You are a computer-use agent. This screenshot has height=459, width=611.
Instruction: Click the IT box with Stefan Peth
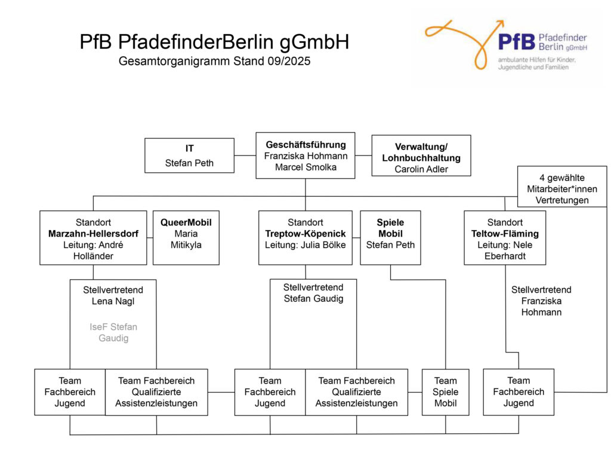(x=189, y=155)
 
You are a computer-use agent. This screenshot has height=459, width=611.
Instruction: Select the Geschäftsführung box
(x=305, y=155)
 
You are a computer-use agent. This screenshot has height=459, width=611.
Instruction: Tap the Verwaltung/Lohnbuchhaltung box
(x=421, y=155)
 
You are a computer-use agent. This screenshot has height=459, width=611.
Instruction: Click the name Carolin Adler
(x=421, y=169)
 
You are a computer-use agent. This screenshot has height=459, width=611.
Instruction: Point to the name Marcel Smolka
(x=305, y=167)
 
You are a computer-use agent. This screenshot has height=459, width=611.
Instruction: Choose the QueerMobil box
(x=186, y=237)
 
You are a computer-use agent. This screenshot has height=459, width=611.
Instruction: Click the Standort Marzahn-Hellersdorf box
(x=93, y=237)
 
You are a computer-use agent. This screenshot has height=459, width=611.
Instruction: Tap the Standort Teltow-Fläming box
(x=505, y=237)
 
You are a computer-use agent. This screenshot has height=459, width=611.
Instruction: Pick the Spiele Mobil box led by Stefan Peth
(x=390, y=237)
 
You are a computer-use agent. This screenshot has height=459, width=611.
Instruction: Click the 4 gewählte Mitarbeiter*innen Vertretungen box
(x=561, y=189)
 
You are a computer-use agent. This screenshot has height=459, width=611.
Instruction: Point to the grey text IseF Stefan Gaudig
(x=113, y=332)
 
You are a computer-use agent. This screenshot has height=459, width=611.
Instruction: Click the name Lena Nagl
(x=113, y=301)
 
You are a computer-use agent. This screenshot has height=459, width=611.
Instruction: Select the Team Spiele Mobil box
(x=445, y=391)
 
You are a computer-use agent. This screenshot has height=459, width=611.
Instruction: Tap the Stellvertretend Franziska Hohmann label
(x=541, y=301)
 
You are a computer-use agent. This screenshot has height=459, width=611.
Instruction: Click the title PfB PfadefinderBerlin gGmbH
(x=214, y=42)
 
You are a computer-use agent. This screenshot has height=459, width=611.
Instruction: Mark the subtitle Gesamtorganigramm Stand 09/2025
(x=214, y=61)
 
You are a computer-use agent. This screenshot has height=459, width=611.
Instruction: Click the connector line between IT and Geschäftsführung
(x=245, y=155)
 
